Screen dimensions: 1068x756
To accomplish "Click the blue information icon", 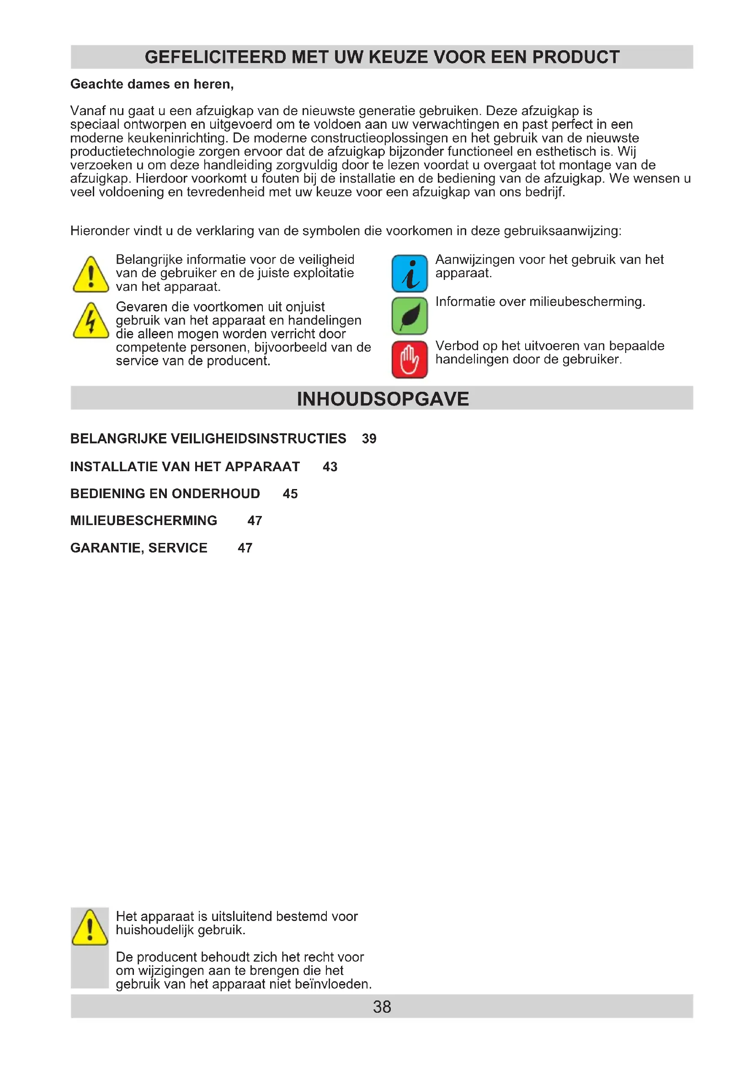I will tap(409, 273).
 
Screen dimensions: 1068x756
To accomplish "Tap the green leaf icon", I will tap(409, 316).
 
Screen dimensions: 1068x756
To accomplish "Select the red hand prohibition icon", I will tap(409, 359).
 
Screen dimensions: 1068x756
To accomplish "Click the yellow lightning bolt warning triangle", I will tap(91, 321).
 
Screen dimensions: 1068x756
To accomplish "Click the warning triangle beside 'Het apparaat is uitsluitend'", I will tap(90, 928).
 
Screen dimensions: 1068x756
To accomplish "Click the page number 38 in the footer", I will tap(382, 1007).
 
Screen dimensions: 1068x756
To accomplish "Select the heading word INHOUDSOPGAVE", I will tap(383, 399).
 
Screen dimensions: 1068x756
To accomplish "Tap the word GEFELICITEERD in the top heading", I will tap(216, 57).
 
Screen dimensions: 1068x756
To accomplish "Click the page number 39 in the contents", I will tap(369, 439).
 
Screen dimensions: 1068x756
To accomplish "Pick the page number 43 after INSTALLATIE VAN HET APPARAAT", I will tap(330, 467).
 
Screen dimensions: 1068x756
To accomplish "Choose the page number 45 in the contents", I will tap(290, 494).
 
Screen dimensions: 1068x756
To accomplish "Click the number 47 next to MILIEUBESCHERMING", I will tap(255, 521).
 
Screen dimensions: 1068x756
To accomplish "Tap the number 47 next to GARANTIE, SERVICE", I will tap(245, 548).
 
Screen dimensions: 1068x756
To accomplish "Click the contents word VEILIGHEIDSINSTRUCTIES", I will tap(258, 439).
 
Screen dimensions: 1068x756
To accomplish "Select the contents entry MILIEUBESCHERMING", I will tap(144, 521).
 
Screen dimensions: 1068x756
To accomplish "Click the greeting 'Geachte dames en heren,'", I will tap(152, 84).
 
